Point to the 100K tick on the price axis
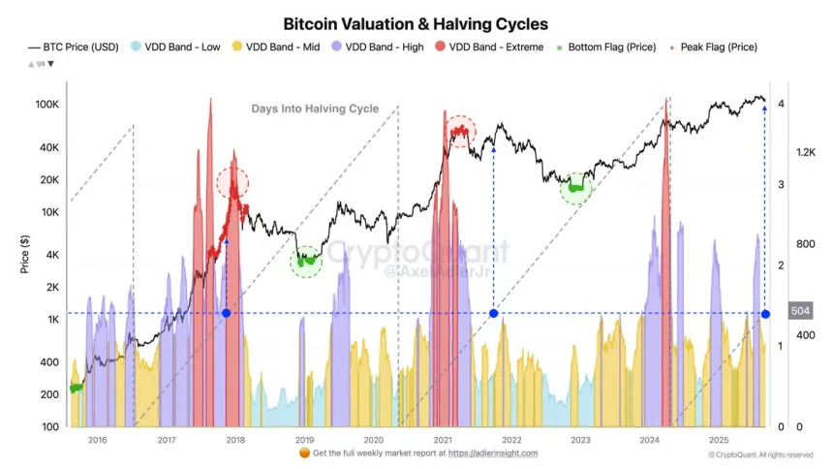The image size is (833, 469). click(48, 103)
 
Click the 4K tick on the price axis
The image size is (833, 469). click(52, 255)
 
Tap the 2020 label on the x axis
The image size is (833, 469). click(372, 440)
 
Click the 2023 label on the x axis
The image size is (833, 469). click(579, 440)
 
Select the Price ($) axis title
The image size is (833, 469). click(26, 255)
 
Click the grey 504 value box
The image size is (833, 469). click(799, 311)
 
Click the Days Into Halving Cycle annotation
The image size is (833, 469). click(315, 109)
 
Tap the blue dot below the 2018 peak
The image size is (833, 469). click(226, 313)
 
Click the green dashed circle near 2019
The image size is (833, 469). click(306, 260)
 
